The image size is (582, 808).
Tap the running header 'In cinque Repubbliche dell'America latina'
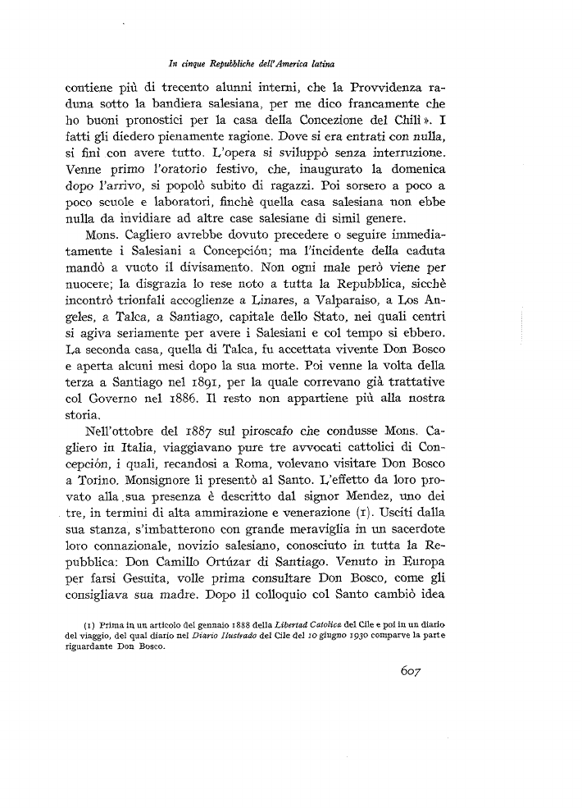tap(254, 62)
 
